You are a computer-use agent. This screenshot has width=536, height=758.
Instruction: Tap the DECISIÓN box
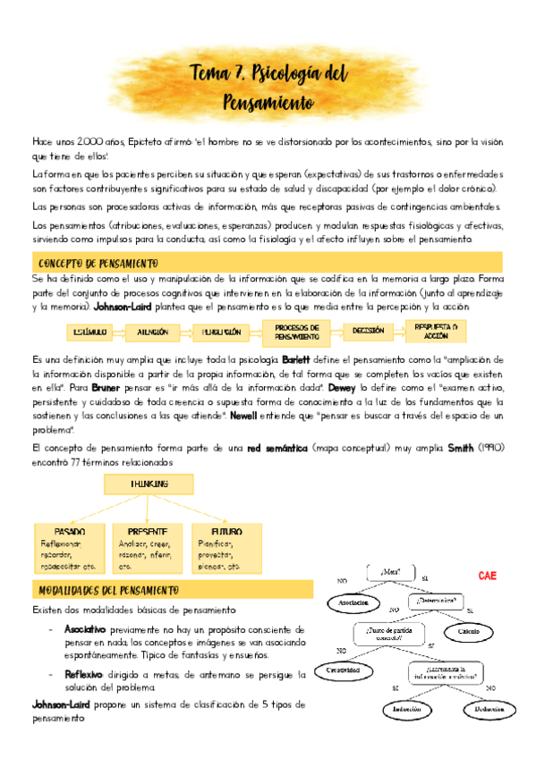[368, 331]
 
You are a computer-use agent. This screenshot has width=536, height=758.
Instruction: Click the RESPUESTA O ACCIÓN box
[439, 331]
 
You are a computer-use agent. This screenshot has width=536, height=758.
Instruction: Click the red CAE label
[488, 576]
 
